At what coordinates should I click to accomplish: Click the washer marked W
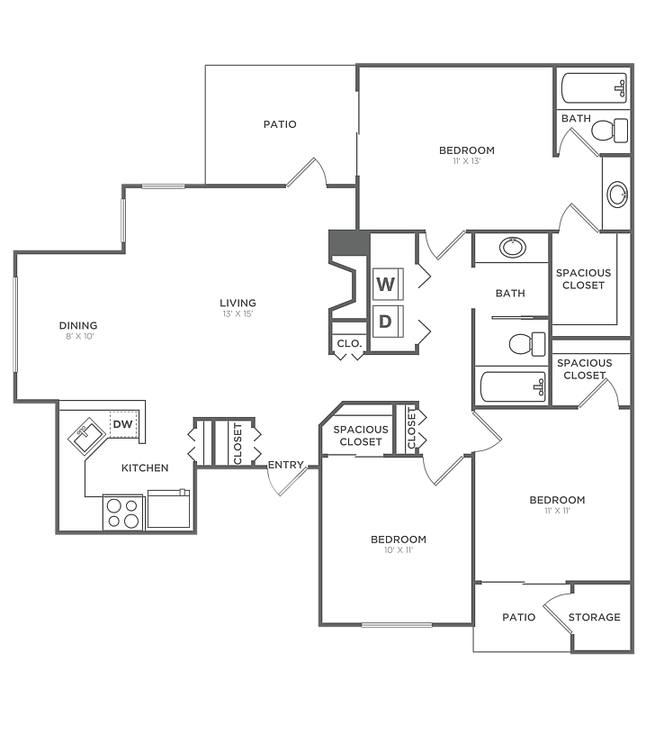387,285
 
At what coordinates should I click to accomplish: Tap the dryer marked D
387,321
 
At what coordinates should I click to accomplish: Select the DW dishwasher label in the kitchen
121,424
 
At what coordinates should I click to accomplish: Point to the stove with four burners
123,513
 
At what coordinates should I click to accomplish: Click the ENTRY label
286,465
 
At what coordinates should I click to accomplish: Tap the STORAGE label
594,617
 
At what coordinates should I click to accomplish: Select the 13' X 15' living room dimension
238,313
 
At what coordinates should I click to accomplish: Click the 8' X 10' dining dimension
78,336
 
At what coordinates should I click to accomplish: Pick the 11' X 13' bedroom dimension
467,161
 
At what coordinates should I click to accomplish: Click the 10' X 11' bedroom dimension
398,550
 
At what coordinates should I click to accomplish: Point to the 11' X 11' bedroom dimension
557,511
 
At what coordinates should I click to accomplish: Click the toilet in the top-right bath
609,132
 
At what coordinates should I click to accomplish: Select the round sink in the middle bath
513,247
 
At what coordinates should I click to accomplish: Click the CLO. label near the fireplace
349,343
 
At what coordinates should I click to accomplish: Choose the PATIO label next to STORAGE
518,617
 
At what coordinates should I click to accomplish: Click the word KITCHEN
145,467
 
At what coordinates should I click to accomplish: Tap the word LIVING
238,303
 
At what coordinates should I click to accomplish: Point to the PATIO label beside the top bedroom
280,124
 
